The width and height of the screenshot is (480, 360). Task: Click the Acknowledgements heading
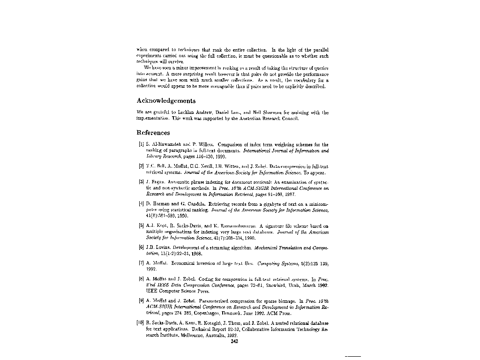point(166,101)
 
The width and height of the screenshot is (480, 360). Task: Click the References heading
point(153,133)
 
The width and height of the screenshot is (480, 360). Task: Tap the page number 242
point(235,341)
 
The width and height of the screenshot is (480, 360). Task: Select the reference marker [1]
point(141,145)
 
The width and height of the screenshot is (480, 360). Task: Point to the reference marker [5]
point(141,226)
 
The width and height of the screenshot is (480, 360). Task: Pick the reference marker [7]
point(141,264)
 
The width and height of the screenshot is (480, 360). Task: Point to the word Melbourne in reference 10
point(193,336)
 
